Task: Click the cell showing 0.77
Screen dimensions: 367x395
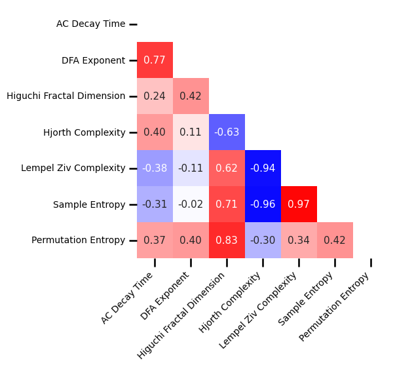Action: (155, 60)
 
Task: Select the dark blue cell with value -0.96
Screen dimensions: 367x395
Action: (263, 204)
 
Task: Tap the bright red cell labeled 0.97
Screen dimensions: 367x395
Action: (299, 204)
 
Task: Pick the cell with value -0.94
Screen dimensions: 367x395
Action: (263, 168)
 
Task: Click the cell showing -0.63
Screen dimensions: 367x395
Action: (227, 132)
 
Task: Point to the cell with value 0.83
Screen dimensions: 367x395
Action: (227, 241)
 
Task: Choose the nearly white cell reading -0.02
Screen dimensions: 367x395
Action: (191, 204)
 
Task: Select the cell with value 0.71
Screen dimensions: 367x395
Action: (227, 204)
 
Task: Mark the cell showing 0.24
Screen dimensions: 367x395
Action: (155, 96)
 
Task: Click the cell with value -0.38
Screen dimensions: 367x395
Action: (155, 168)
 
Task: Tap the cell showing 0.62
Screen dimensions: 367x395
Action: (227, 168)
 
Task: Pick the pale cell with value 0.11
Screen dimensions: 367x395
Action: (191, 132)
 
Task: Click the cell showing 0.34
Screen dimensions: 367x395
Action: (299, 241)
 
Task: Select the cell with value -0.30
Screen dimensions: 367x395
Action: (263, 241)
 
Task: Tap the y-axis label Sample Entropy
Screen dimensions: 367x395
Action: (89, 204)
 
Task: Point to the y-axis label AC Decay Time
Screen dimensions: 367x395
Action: (90, 24)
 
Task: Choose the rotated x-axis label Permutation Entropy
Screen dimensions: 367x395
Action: (334, 306)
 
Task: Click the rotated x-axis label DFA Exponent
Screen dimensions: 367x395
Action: (165, 296)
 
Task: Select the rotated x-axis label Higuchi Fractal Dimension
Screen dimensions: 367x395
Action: (181, 315)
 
